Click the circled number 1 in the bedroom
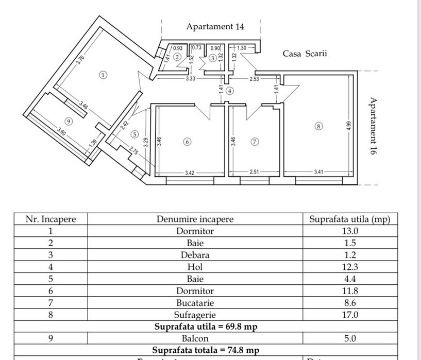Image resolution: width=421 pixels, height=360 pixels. pyautogui.click(x=103, y=75)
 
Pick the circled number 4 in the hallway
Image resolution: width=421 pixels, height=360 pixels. pyautogui.click(x=229, y=91)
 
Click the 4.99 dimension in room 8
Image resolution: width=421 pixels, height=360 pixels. pyautogui.click(x=349, y=128)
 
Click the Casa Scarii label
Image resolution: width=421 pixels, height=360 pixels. pyautogui.click(x=305, y=53)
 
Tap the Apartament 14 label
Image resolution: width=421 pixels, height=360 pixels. pyautogui.click(x=215, y=26)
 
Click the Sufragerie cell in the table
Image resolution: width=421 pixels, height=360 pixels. pyautogui.click(x=195, y=314)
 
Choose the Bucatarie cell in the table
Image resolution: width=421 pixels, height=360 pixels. pyautogui.click(x=195, y=302)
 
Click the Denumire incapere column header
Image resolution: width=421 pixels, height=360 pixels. pyautogui.click(x=195, y=219)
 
